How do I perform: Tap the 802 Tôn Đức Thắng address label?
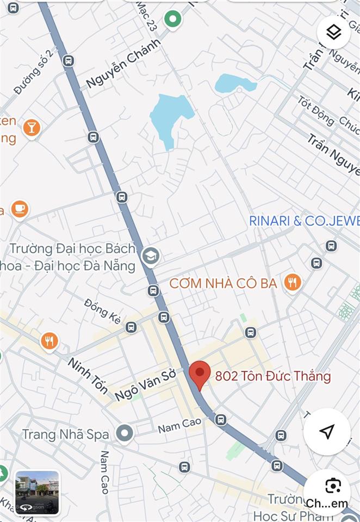click(x=273, y=376)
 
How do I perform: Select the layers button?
click(x=333, y=33)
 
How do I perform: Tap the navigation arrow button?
click(x=326, y=432)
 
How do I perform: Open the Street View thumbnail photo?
click(x=38, y=493)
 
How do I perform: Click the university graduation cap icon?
click(x=150, y=256)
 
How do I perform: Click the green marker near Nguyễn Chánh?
click(x=173, y=20)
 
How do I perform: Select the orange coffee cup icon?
click(x=20, y=209)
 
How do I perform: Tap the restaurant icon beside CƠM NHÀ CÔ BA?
click(x=293, y=282)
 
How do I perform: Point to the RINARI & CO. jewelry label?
click(x=304, y=221)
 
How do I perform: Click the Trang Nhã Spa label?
click(x=65, y=434)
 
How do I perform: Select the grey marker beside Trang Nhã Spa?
click(x=125, y=433)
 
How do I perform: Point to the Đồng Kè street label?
click(x=103, y=311)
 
